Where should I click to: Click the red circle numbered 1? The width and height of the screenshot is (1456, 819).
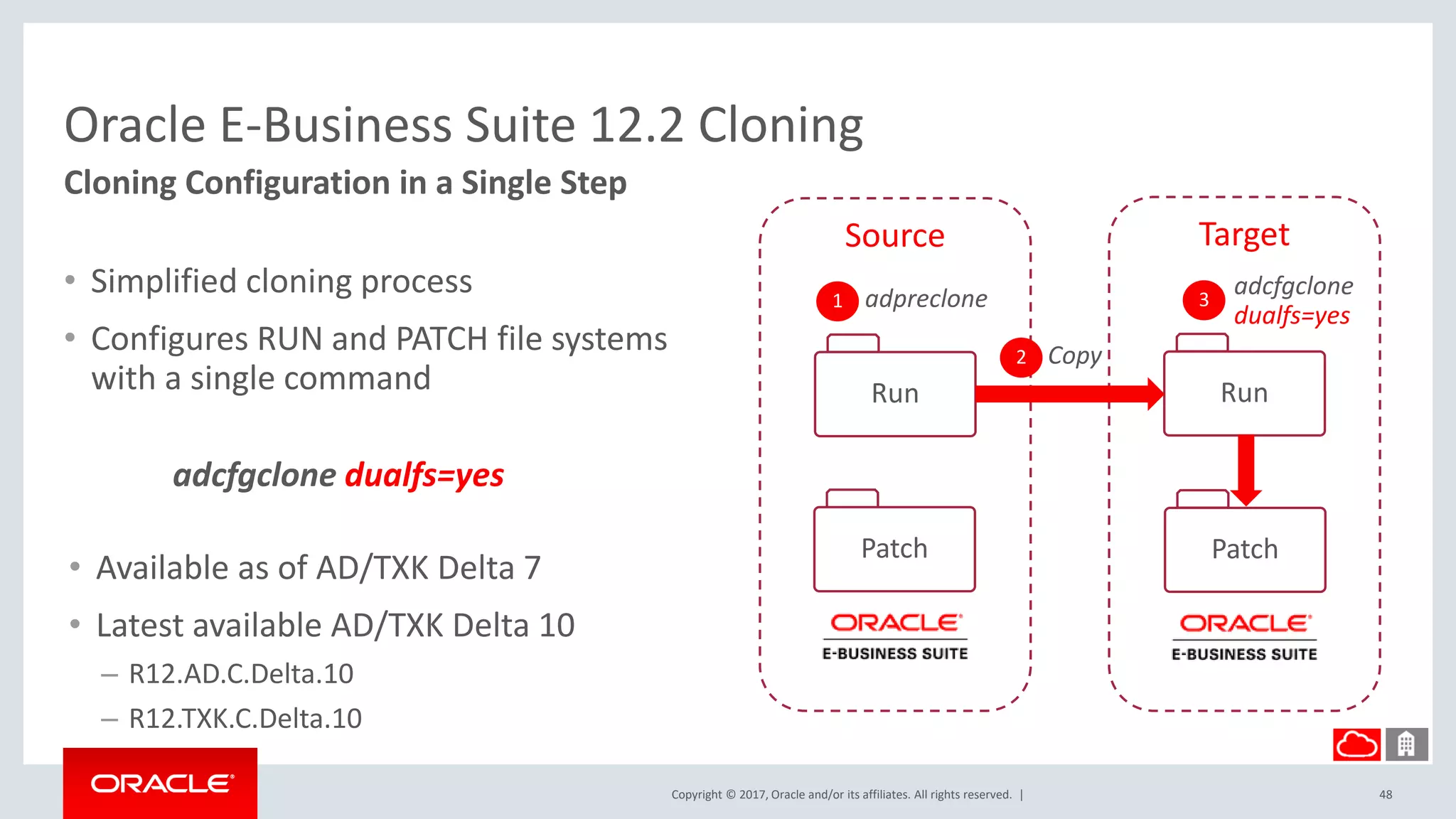[837, 301]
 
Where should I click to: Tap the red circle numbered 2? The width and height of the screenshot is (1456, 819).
[1020, 357]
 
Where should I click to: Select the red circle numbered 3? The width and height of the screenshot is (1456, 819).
[1203, 300]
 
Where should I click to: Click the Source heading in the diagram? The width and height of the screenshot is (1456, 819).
[894, 235]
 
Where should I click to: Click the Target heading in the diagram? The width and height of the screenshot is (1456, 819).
[1243, 235]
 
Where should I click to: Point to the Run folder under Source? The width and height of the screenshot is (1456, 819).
[894, 393]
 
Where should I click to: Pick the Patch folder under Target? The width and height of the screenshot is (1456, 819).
[1244, 549]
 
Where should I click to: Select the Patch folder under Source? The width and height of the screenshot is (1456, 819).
[894, 548]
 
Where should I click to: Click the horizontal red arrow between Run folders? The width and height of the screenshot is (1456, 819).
[1066, 394]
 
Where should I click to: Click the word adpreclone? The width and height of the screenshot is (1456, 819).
[926, 299]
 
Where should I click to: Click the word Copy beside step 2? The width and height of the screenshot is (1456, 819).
[1074, 355]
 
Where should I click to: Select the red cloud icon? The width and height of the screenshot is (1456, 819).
[1356, 744]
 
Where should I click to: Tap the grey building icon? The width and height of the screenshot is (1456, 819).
[1406, 744]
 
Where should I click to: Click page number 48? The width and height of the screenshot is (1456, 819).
[1385, 794]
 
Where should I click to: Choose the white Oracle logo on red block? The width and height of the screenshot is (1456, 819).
[161, 783]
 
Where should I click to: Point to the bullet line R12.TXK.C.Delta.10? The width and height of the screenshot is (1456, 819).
[245, 718]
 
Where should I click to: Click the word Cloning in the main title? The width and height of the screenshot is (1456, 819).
[780, 125]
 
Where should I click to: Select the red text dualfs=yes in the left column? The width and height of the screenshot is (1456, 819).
[424, 475]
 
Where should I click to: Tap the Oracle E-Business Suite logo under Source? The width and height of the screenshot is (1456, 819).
[894, 636]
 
